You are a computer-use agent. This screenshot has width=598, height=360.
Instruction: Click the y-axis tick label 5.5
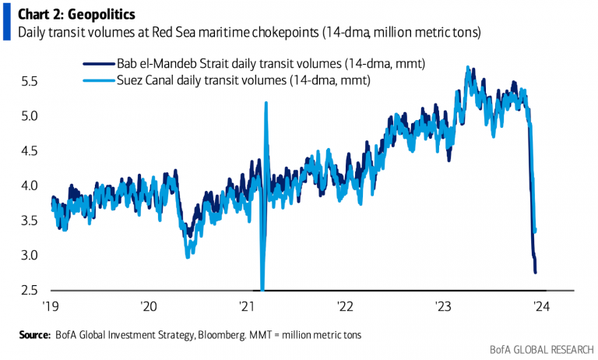click(30, 80)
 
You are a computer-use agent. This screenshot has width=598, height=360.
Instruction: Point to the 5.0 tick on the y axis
click(30, 115)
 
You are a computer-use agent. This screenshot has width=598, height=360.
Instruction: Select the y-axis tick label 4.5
click(30, 150)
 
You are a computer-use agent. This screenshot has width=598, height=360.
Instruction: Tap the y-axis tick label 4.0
click(30, 185)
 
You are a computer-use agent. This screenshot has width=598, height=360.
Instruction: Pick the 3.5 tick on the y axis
click(30, 221)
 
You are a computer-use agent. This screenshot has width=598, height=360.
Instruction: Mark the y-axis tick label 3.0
click(30, 256)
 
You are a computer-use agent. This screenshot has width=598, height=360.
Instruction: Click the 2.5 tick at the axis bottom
click(30, 291)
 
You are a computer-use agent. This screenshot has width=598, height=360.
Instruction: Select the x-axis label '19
click(51, 305)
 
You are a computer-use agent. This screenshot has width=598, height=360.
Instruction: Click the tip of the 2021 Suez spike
click(266, 103)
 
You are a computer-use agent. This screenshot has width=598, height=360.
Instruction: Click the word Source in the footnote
click(35, 334)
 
